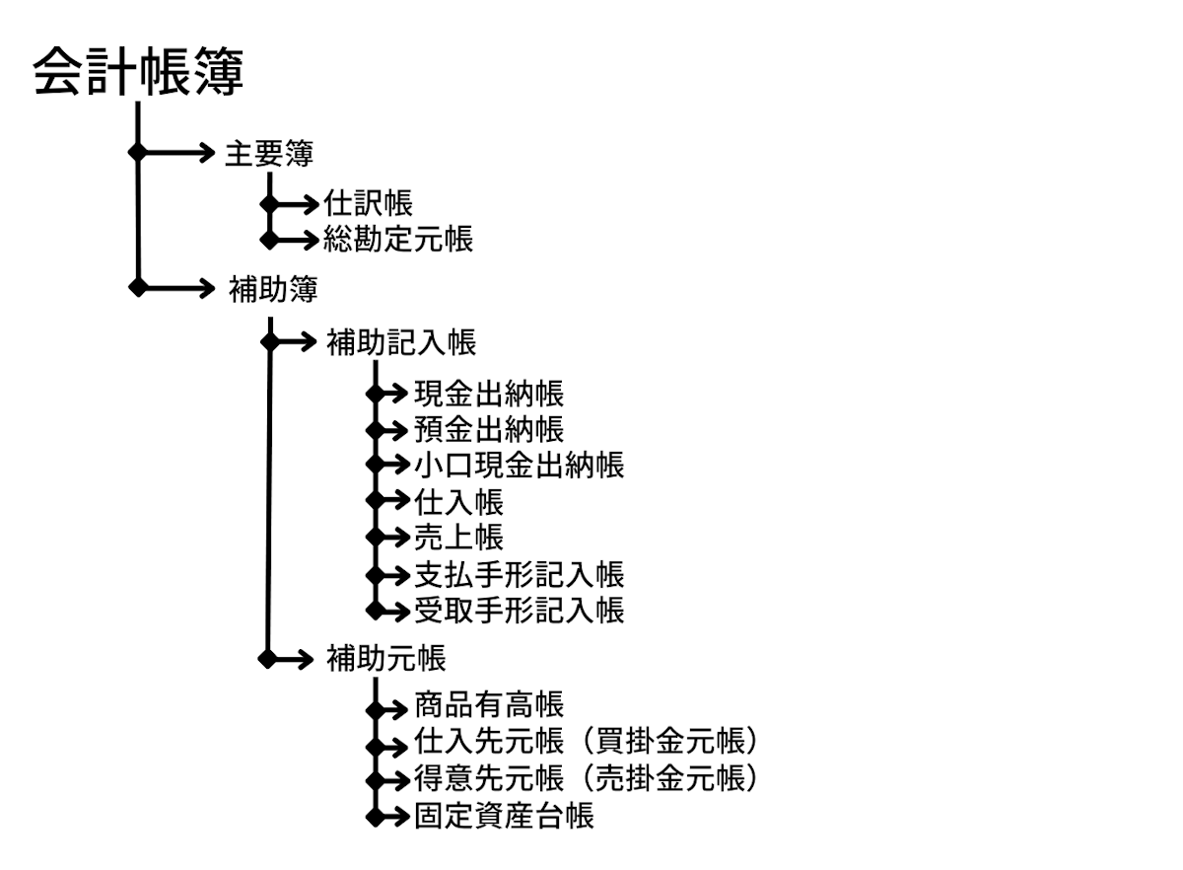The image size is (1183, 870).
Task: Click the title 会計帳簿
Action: pyautogui.click(x=138, y=73)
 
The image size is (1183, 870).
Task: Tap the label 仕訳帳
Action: pyautogui.click(x=368, y=204)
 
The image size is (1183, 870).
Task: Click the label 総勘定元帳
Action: pyautogui.click(x=398, y=239)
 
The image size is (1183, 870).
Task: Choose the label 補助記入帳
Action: pyautogui.click(x=401, y=342)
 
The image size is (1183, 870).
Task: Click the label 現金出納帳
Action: pyautogui.click(x=489, y=394)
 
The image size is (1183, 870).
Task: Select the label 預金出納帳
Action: pyautogui.click(x=489, y=430)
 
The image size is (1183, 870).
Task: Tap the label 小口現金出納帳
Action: pyautogui.click(x=519, y=465)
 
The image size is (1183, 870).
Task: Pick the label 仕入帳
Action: pyautogui.click(x=458, y=501)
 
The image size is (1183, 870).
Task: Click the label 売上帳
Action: pyautogui.click(x=458, y=537)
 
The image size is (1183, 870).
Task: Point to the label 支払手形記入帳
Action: pyautogui.click(x=519, y=574)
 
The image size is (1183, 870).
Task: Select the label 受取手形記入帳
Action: pyautogui.click(x=519, y=610)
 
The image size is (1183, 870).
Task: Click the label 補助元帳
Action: pyautogui.click(x=385, y=657)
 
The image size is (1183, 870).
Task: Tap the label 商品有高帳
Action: pyautogui.click(x=489, y=705)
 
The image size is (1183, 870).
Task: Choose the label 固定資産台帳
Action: pyautogui.click(x=504, y=816)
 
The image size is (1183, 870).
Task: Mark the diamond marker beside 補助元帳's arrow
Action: pyautogui.click(x=268, y=657)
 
